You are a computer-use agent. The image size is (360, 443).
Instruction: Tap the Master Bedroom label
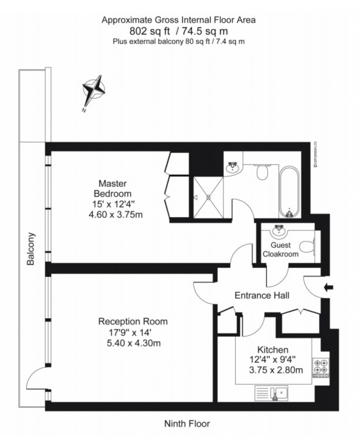(113, 188)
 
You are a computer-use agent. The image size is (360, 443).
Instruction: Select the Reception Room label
(133, 322)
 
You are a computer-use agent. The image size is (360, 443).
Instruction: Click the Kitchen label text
(273, 349)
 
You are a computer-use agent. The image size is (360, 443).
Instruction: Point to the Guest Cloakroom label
(285, 250)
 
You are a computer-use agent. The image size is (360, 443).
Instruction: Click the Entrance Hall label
(262, 295)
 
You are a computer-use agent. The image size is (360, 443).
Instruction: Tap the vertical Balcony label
(30, 248)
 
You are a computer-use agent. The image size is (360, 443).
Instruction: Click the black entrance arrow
(328, 288)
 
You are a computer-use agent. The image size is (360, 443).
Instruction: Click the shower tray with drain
(208, 197)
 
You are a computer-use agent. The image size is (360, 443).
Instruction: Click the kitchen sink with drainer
(271, 393)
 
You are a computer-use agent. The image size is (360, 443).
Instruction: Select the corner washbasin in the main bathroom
(232, 168)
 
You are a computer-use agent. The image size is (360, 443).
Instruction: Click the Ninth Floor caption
(187, 424)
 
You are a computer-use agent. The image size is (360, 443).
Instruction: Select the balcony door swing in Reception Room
(37, 378)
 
